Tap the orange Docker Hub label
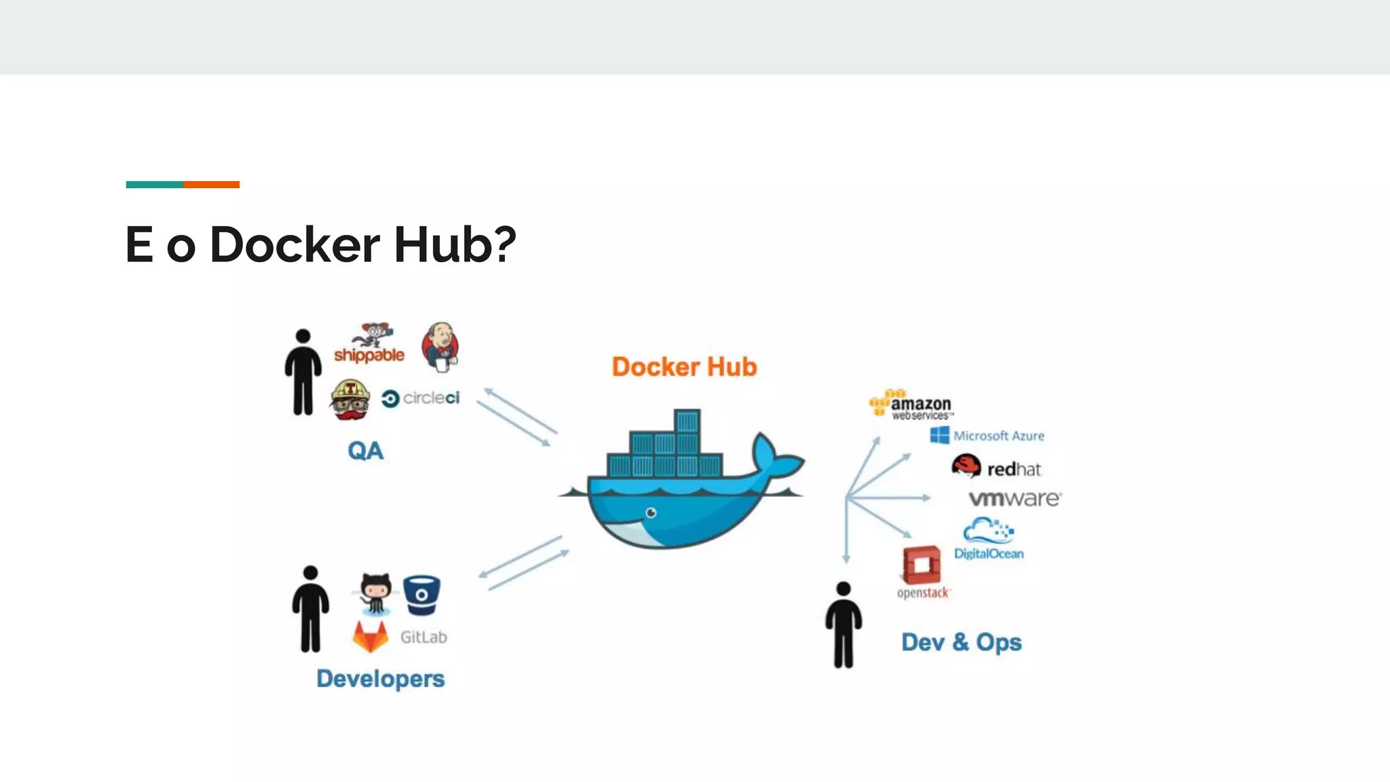(684, 367)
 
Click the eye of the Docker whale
(651, 513)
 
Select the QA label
(365, 451)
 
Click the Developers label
(380, 679)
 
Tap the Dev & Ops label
(961, 642)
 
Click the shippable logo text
(369, 355)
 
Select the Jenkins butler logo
(440, 346)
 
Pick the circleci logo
(421, 398)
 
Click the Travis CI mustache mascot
(350, 400)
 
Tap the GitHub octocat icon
(375, 593)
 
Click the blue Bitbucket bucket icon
(421, 595)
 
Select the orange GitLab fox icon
(370, 637)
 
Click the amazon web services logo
(912, 406)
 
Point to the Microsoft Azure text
(998, 436)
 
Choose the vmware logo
(1014, 499)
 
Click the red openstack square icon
(922, 565)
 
